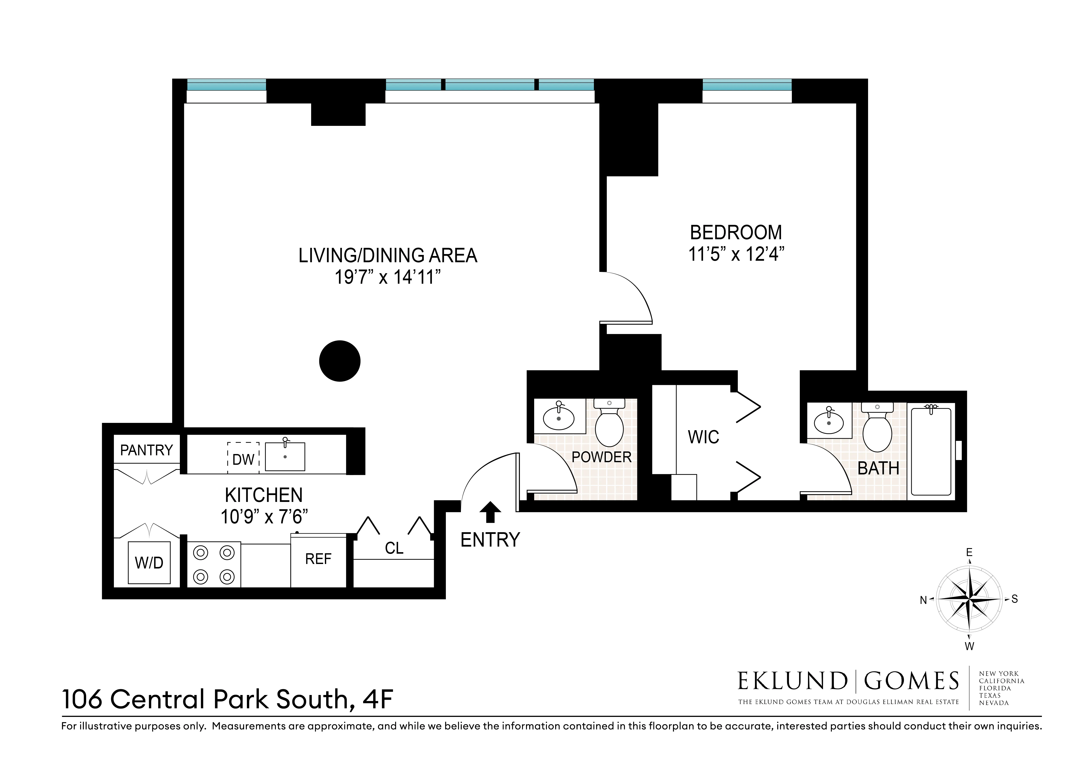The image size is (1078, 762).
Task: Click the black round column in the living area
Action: pos(339,361)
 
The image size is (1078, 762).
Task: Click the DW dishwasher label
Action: pos(243,459)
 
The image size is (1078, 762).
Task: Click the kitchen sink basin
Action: pos(285,457)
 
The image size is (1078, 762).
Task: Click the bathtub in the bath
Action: pos(931,451)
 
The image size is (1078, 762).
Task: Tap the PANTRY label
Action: pos(147,450)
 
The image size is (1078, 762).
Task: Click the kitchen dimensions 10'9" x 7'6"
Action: pos(264,517)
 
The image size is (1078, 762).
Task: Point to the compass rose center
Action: pos(969,599)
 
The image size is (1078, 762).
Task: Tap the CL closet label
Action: pos(394,548)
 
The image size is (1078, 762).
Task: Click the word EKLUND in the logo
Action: pos(792,681)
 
